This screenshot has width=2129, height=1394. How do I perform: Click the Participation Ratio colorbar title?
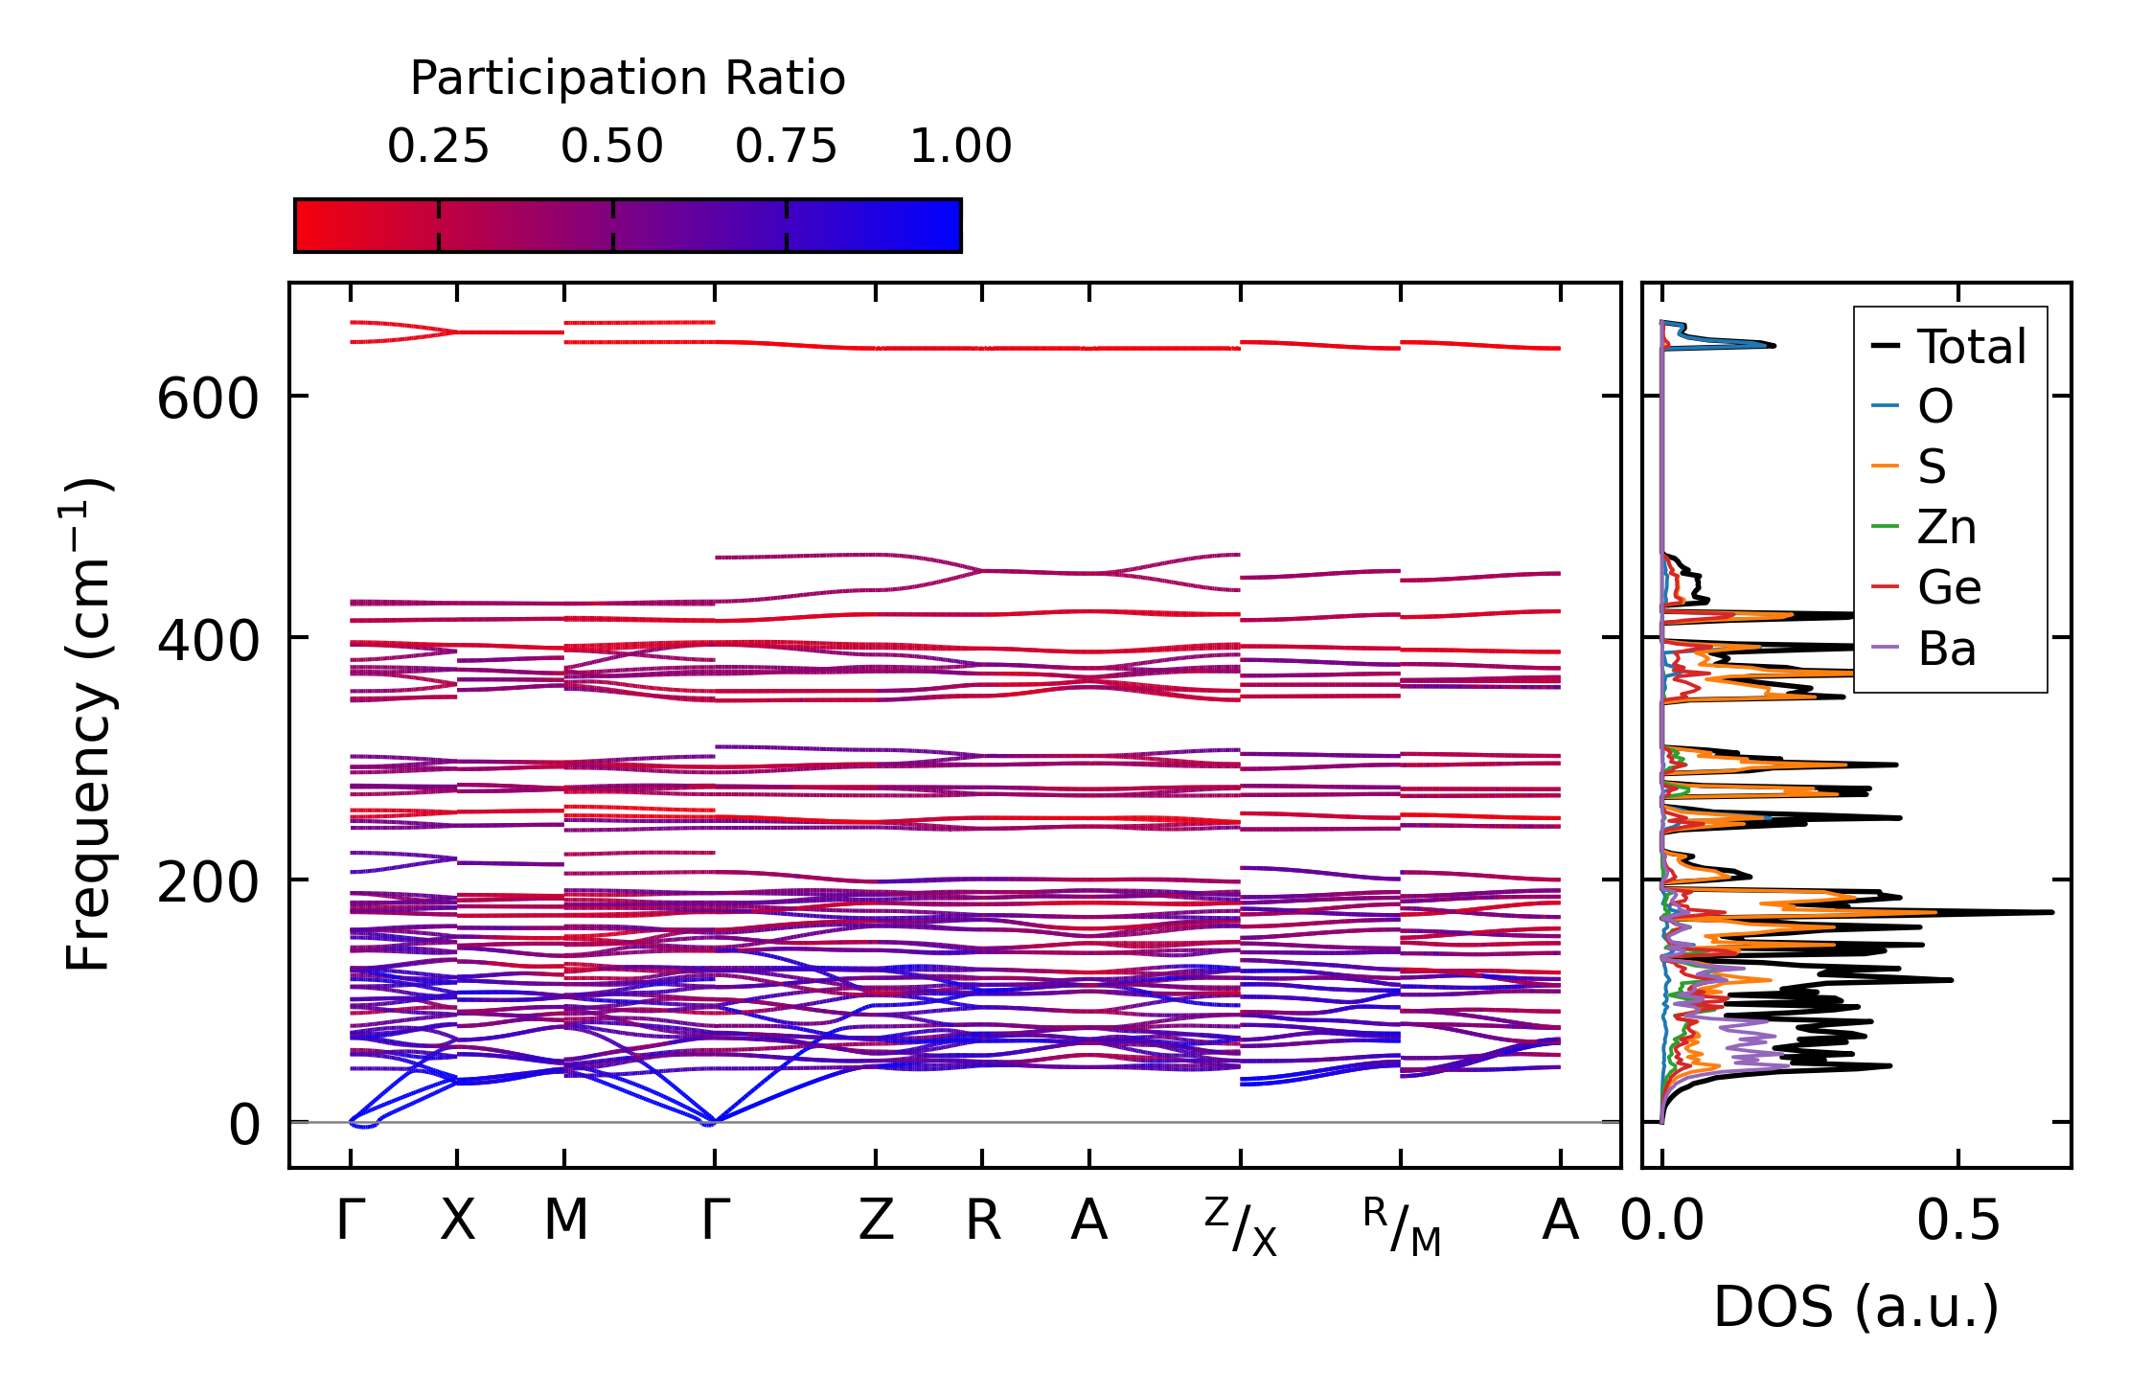click(x=628, y=79)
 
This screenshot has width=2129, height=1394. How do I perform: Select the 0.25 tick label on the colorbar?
click(x=438, y=147)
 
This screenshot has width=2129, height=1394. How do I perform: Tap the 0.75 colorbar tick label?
click(x=786, y=147)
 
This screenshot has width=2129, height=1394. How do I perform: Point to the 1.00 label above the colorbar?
click(x=960, y=147)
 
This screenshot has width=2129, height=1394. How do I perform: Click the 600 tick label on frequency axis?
click(x=208, y=399)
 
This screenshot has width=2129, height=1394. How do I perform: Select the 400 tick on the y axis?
click(x=208, y=641)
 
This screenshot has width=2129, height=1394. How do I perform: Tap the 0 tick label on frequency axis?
click(x=243, y=1125)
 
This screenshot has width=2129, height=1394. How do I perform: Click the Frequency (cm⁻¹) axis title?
click(x=88, y=724)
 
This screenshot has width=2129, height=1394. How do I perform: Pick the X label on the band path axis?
click(x=457, y=1221)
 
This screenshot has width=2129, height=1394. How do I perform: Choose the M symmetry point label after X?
click(x=565, y=1221)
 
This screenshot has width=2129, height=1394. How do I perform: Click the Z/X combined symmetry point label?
click(x=1241, y=1226)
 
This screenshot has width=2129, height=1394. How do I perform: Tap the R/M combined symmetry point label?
click(x=1401, y=1226)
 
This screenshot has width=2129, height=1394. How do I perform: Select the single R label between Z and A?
click(x=983, y=1221)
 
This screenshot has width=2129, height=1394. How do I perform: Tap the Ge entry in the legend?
click(x=1949, y=587)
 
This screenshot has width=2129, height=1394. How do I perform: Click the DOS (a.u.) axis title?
click(x=1856, y=1307)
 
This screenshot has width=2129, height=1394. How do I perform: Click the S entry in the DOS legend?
click(x=1932, y=467)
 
